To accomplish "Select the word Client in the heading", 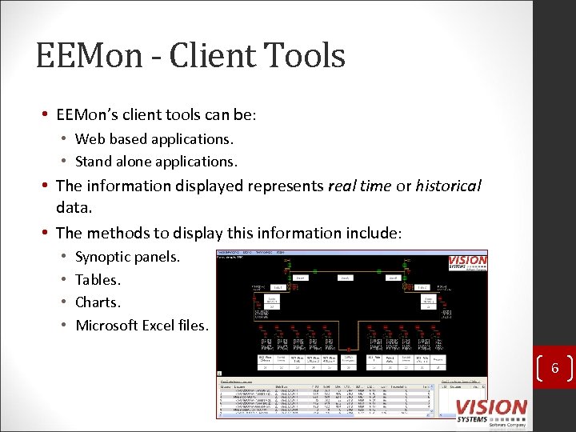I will point(210,57).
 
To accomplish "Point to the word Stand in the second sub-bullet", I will point(94,162).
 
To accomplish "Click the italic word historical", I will point(448,186).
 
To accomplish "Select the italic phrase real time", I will point(359,186).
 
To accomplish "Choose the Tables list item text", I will point(98,280).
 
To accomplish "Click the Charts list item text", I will point(98,302).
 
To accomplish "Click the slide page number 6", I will point(553,369).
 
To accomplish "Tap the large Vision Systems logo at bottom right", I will point(491,410).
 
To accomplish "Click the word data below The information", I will point(74,208).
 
